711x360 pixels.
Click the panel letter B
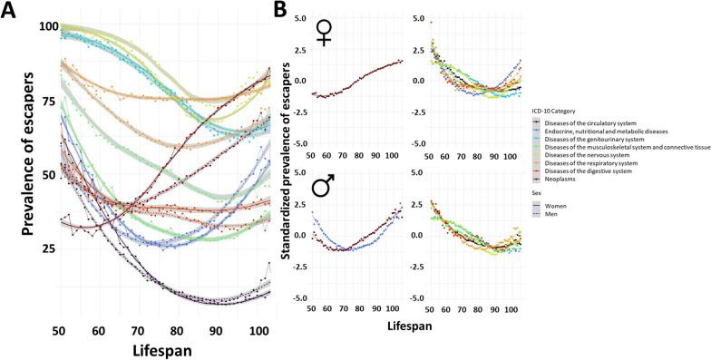coord(281,12)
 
